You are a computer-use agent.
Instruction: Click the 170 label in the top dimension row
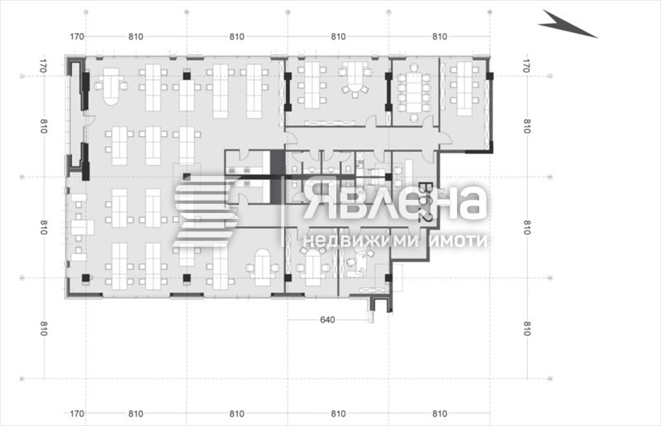77,36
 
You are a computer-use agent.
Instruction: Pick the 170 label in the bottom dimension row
77,413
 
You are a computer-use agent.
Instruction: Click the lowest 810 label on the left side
43,329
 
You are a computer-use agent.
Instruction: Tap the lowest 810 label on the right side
525,329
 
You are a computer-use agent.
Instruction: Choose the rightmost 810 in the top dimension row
440,36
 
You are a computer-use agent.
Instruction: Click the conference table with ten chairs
411,90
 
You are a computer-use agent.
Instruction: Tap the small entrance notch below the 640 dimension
379,305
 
